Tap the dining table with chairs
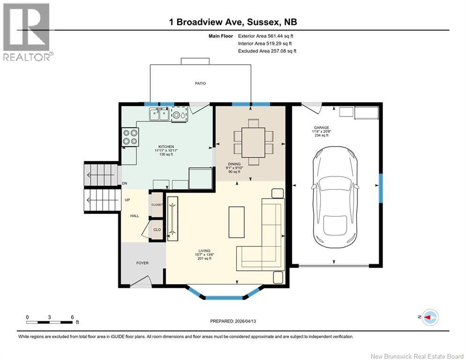point(253,142)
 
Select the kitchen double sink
point(159,114)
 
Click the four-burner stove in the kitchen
point(130,136)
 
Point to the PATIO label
point(200,83)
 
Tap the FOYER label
point(142,263)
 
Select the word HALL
point(135,216)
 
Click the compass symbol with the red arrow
point(429,317)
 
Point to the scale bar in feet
point(50,322)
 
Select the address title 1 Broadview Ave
point(233,22)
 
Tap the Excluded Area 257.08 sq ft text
point(267,51)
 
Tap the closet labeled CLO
point(157,230)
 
